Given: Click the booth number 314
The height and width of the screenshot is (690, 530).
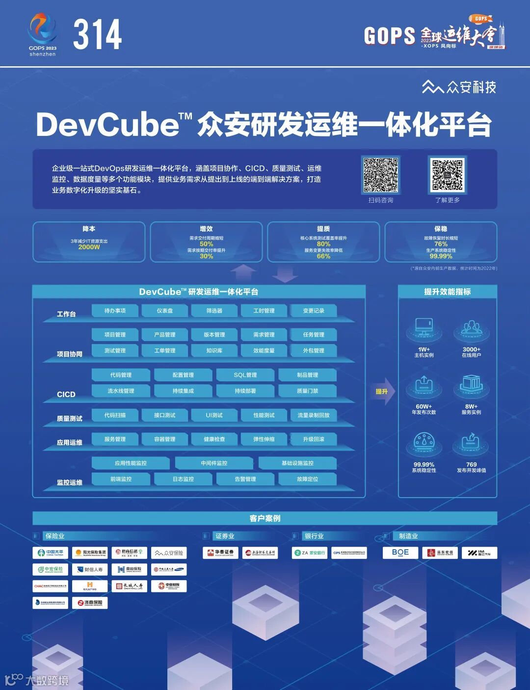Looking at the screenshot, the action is point(97,34).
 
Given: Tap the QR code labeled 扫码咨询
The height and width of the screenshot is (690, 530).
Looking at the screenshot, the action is point(380,175).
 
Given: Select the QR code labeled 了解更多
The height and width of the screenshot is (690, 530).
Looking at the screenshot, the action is point(447,175).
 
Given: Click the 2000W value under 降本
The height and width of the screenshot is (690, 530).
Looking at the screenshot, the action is point(89,247).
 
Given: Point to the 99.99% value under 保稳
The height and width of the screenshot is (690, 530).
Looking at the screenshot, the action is point(441,256).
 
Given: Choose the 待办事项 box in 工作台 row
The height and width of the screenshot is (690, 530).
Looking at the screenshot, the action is point(115,311).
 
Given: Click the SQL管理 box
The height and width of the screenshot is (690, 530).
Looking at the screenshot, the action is point(245,375).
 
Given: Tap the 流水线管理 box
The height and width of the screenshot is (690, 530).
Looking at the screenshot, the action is point(121,391).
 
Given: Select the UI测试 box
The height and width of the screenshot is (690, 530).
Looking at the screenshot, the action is point(214,415).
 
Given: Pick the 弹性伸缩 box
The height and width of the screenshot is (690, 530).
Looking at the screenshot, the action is point(264,439).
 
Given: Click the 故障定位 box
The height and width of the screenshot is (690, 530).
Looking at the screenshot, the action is point(307,479).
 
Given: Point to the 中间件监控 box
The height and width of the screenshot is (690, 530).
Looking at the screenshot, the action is point(214,463).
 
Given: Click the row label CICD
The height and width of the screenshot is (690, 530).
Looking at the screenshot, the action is point(66,395).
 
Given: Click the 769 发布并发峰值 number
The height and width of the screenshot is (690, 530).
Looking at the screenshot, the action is point(471,464).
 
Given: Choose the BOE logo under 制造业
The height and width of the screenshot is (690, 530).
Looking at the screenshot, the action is point(400,553).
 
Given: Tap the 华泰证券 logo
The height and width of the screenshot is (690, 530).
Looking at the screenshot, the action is point(220,553).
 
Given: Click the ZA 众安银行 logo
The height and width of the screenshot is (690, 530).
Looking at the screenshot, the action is point(310,553).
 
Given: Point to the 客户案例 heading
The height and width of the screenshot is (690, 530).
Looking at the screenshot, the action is point(265,518).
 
